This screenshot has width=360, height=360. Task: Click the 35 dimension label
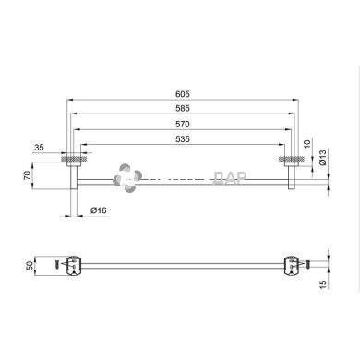point(40,146)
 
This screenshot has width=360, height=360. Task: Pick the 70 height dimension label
point(29,173)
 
